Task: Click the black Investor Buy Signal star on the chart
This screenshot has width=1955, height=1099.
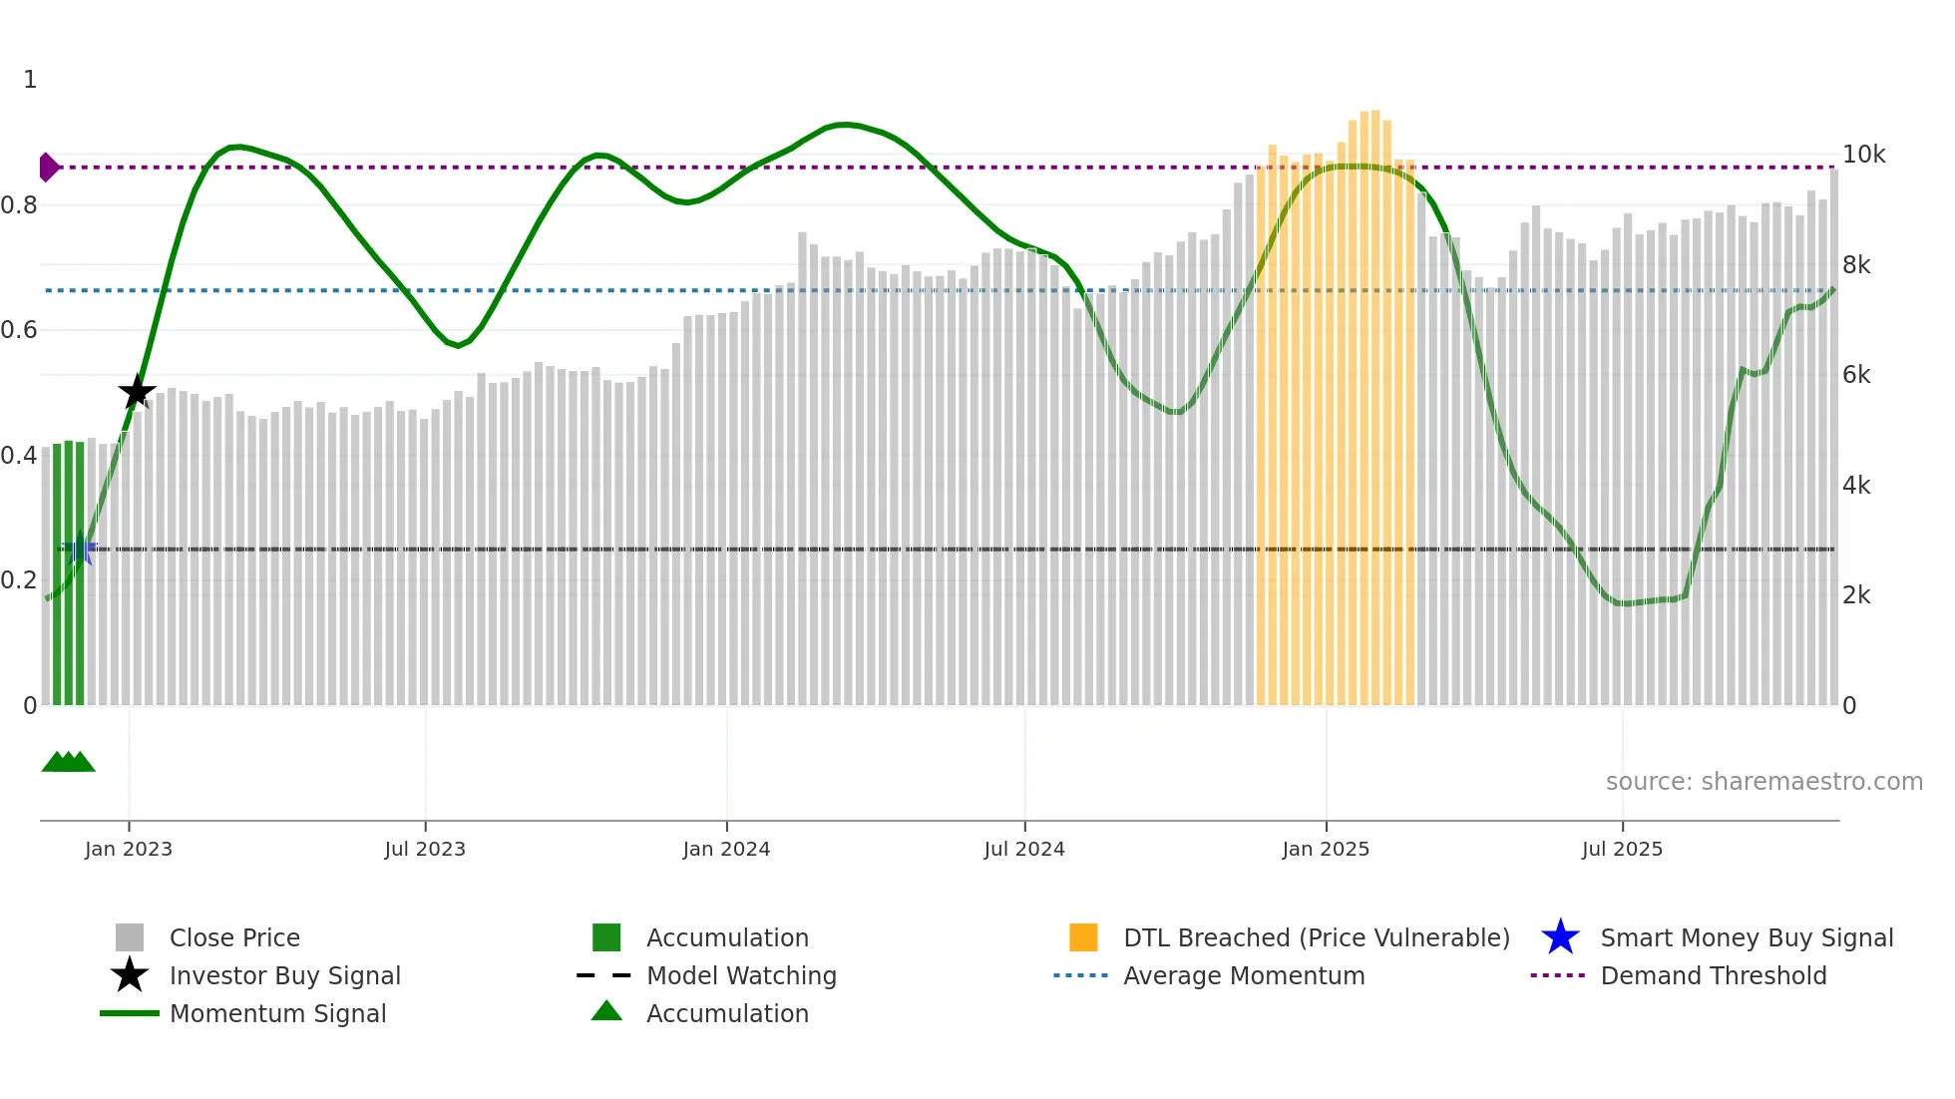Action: coord(137,392)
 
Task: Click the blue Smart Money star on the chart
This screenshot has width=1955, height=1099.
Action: coord(80,549)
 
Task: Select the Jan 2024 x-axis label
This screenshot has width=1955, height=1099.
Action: coord(726,849)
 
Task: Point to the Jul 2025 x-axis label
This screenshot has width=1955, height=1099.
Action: coord(1622,849)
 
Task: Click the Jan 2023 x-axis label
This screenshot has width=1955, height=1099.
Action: coord(129,849)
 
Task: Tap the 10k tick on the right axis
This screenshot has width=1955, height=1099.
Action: coord(1863,155)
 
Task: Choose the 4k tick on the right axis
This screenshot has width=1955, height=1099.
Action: coord(1856,486)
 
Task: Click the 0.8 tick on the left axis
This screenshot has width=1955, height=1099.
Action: coord(19,205)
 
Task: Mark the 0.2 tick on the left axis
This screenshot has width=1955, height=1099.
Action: coord(19,580)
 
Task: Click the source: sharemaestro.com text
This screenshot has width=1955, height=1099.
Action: coord(1763,782)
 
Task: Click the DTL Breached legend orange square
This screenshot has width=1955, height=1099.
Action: coord(1083,937)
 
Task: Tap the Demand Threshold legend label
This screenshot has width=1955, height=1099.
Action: coord(1713,976)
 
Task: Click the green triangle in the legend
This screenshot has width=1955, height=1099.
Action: coord(606,1011)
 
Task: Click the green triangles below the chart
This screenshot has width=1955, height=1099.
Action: coord(68,762)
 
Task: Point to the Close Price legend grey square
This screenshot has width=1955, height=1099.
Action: coord(130,937)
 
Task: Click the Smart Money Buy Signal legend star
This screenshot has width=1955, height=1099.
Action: coord(1560,937)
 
